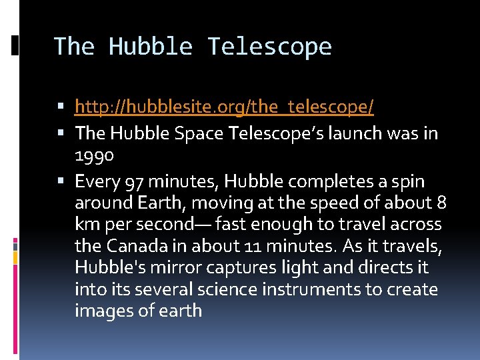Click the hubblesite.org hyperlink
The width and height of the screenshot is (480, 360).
click(x=224, y=106)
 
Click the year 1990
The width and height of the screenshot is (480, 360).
click(x=95, y=155)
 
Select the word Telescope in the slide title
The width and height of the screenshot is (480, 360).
click(x=269, y=47)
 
